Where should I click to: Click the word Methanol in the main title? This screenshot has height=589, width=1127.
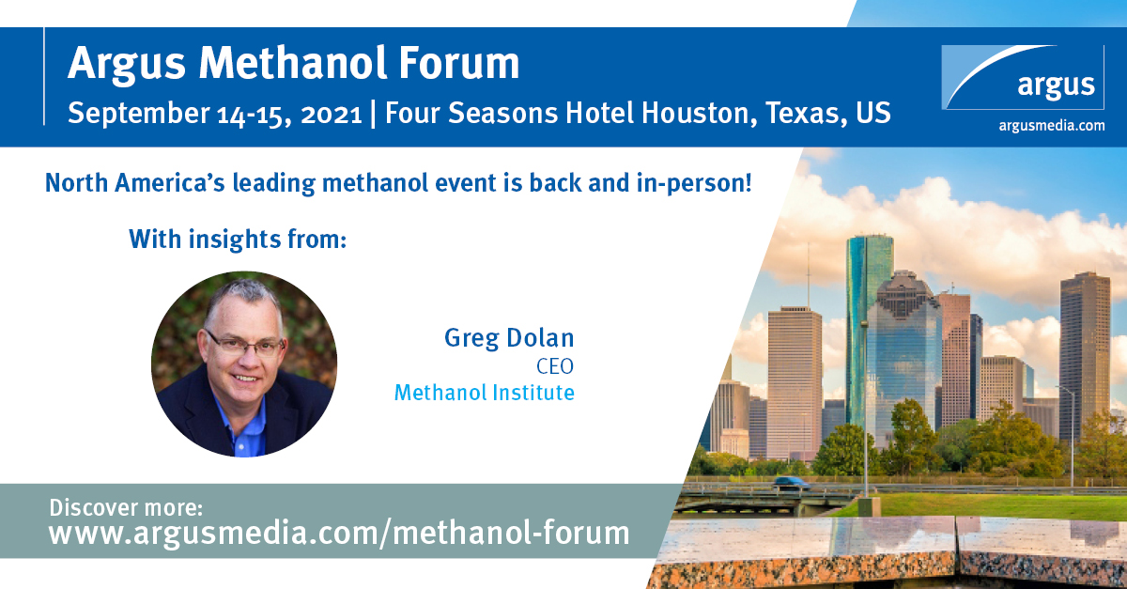click(x=293, y=63)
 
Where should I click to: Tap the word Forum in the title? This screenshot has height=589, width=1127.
click(x=459, y=63)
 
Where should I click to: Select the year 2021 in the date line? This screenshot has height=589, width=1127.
click(x=331, y=115)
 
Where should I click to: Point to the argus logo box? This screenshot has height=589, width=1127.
click(x=1023, y=77)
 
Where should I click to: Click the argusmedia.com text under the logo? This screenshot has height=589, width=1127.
click(x=1052, y=125)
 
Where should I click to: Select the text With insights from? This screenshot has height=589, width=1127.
click(x=238, y=240)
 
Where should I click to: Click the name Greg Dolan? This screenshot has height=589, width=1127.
click(x=509, y=338)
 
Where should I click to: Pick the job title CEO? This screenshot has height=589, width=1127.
click(x=555, y=366)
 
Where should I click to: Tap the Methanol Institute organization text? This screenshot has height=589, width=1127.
click(x=484, y=393)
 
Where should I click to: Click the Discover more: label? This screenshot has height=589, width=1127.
click(x=126, y=507)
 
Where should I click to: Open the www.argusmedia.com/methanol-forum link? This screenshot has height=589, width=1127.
click(x=339, y=533)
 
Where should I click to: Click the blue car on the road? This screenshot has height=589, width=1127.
click(x=791, y=482)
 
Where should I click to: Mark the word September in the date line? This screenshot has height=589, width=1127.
click(x=138, y=114)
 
